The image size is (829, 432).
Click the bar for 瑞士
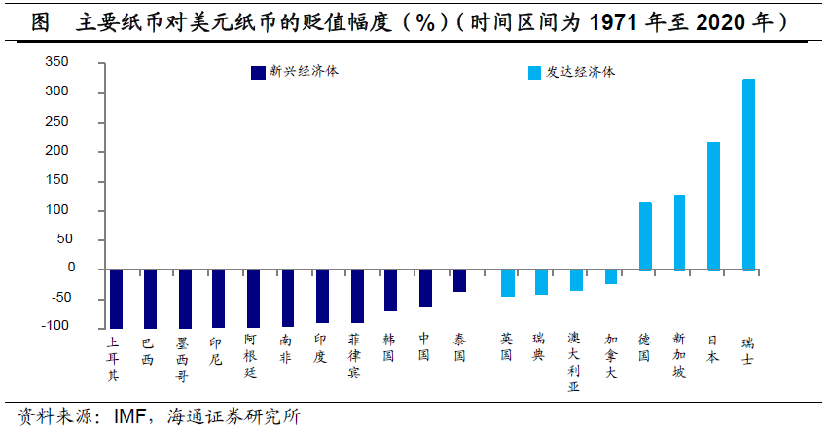click(x=748, y=174)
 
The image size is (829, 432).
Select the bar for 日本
click(x=713, y=205)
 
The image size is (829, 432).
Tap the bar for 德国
click(x=645, y=235)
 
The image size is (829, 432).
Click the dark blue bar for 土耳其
click(x=116, y=299)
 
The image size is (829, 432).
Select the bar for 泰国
click(x=459, y=280)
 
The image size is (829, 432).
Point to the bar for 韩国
click(x=390, y=290)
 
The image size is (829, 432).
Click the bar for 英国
click(x=507, y=283)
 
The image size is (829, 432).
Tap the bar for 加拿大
click(x=610, y=276)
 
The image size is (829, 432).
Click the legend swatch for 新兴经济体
click(x=258, y=72)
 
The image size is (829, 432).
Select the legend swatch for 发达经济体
click(x=534, y=72)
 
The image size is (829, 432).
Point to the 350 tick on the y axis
click(x=84, y=62)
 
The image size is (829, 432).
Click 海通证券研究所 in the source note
click(x=230, y=416)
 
